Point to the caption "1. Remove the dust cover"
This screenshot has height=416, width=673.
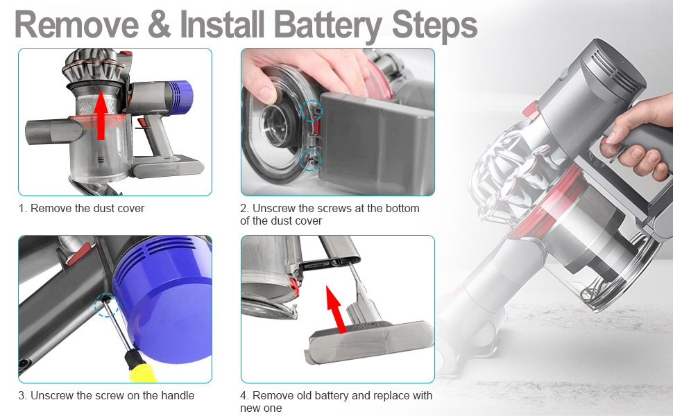[x=82, y=208]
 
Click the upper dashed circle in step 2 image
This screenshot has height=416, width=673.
[x=312, y=110]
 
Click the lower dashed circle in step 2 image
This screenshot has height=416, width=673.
[x=309, y=160]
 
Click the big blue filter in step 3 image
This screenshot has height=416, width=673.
[x=167, y=305]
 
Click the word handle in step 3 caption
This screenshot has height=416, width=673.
[x=177, y=395]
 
